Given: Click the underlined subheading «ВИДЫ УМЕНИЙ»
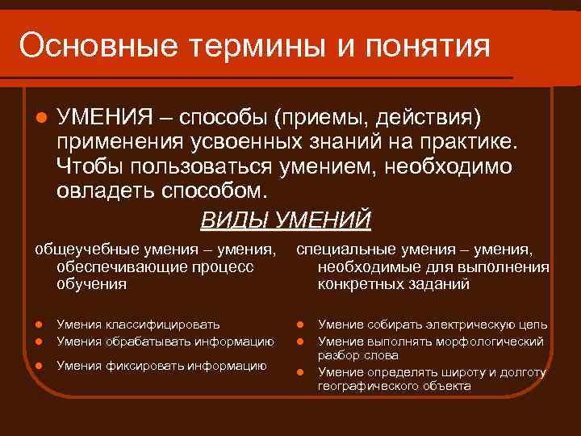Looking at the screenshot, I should [285, 219].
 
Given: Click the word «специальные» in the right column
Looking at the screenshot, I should [340, 249].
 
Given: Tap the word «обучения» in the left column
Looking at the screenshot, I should [91, 284].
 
